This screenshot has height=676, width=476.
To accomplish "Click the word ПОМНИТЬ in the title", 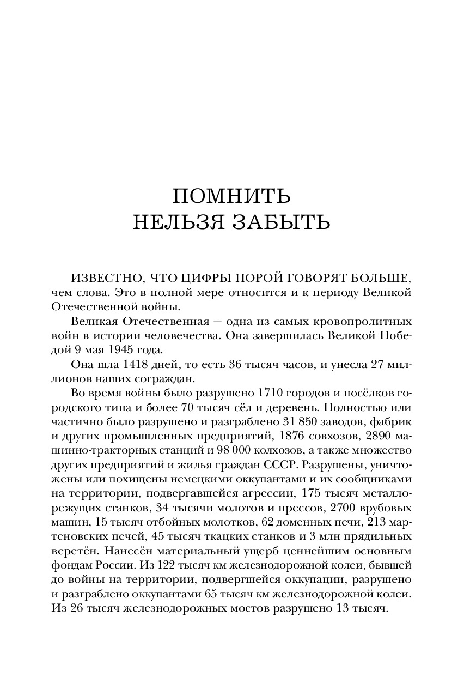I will tap(231, 196).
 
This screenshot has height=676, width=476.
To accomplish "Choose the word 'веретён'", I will tap(80, 552).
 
